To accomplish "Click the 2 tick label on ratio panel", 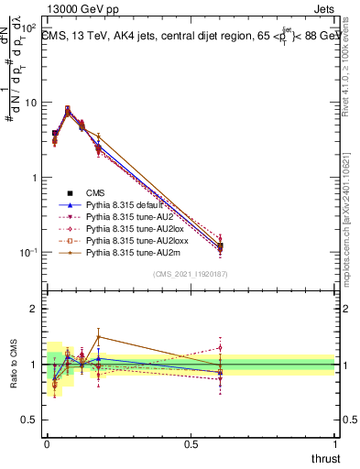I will (34, 309).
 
